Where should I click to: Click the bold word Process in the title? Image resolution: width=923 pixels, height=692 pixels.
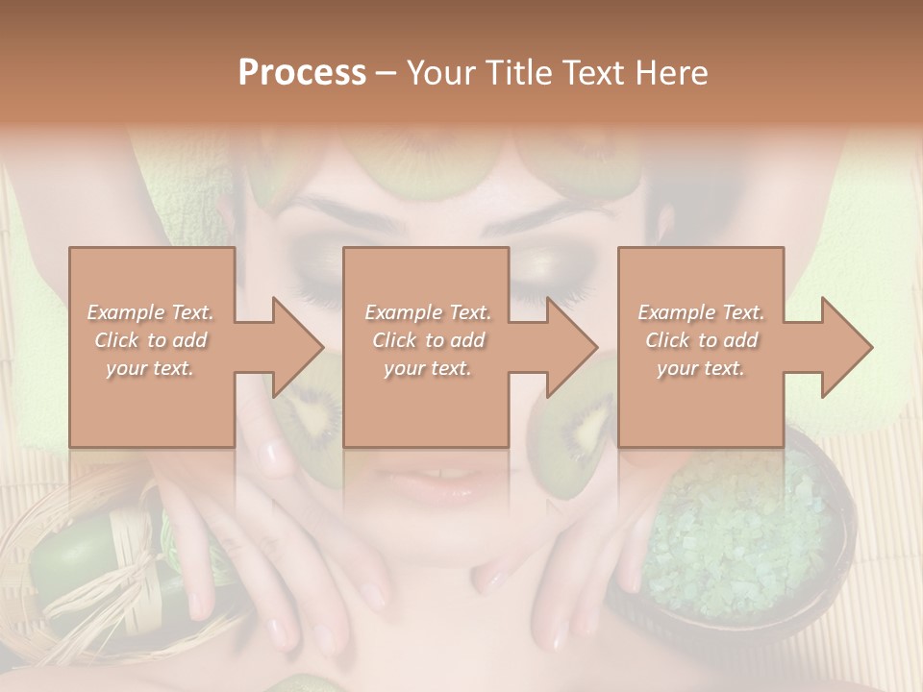(302, 73)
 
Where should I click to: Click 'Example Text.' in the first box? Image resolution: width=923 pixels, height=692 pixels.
(151, 312)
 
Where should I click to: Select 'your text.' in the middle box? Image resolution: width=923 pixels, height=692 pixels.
(428, 368)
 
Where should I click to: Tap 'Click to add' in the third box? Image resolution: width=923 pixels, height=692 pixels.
(701, 340)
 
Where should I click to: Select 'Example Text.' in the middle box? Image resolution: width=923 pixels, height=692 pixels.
(428, 312)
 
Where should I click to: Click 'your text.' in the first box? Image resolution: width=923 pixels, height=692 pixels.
(151, 368)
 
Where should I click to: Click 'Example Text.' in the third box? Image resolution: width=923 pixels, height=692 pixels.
(701, 312)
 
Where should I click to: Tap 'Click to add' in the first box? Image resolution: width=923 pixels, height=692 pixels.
(151, 340)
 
